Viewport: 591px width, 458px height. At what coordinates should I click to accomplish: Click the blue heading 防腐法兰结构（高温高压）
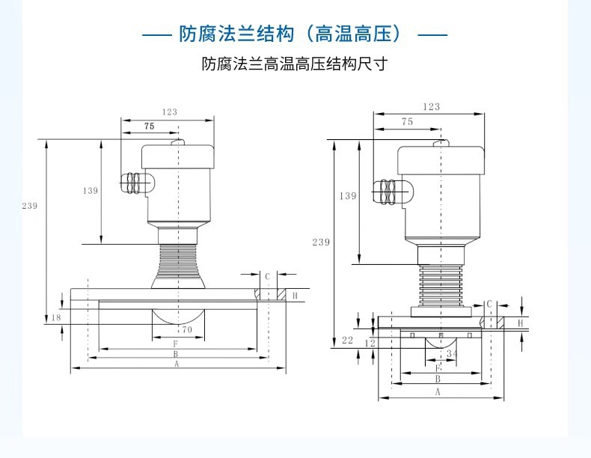(295, 34)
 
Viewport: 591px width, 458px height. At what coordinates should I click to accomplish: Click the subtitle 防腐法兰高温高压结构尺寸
(295, 64)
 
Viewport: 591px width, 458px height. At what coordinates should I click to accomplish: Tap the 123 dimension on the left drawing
(170, 112)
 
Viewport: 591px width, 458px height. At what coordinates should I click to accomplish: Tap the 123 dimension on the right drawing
(431, 107)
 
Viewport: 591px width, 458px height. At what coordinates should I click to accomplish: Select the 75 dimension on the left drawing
(149, 127)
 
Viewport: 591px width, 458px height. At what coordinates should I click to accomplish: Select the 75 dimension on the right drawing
(407, 121)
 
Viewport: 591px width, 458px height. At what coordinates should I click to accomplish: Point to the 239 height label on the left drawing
(29, 206)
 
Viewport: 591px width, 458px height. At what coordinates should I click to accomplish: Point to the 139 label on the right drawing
(348, 196)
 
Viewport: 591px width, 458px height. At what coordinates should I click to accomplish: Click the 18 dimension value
(56, 318)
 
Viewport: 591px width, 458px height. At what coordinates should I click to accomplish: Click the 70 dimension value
(187, 329)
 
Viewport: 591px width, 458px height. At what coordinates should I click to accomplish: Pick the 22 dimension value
(347, 341)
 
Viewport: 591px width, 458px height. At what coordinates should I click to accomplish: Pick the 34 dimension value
(452, 353)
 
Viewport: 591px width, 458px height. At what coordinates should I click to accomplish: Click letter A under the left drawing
(177, 364)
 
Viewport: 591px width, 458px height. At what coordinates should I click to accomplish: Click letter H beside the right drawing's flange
(521, 323)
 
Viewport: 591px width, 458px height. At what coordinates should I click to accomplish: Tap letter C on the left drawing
(266, 276)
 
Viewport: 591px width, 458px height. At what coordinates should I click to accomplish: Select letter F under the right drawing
(438, 368)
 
